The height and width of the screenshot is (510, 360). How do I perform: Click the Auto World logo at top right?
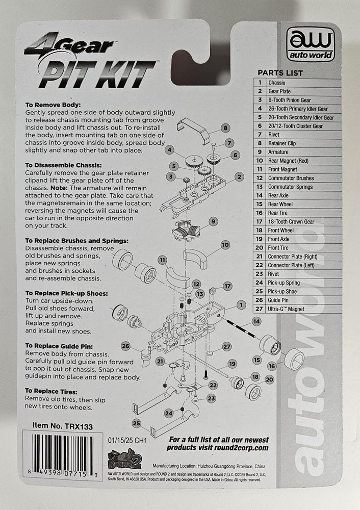pos(311,46)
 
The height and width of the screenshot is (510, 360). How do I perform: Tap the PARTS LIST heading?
pos(280,73)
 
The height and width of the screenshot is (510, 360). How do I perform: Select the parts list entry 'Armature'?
pos(278,152)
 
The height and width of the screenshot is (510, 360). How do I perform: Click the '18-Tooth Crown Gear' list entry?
pos(291,222)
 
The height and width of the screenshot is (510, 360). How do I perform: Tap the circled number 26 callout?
pos(126,347)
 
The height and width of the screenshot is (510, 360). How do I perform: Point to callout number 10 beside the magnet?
pos(225,245)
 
